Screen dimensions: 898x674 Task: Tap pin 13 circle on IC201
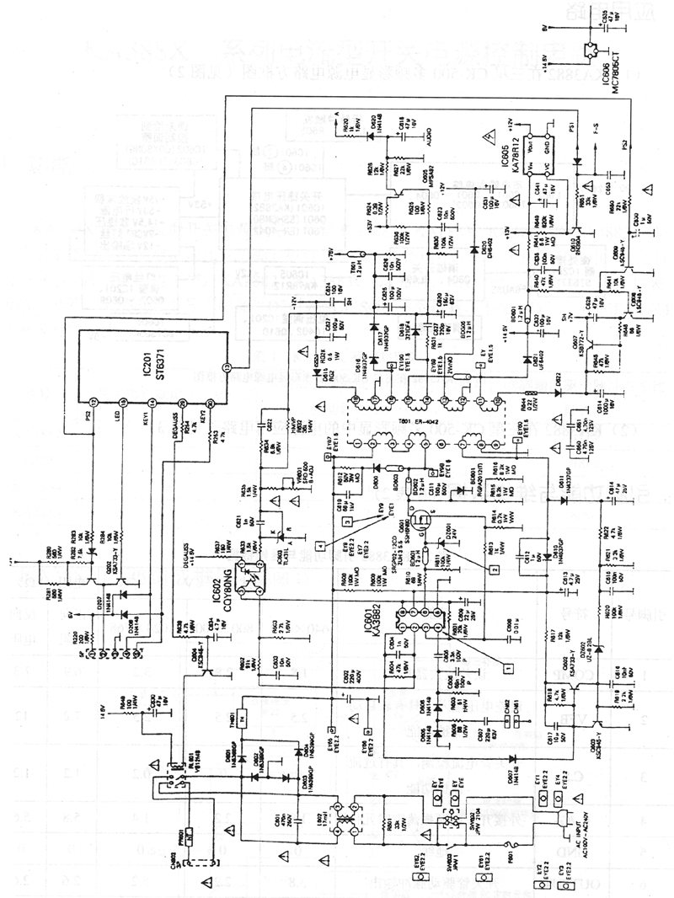[x=225, y=366]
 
